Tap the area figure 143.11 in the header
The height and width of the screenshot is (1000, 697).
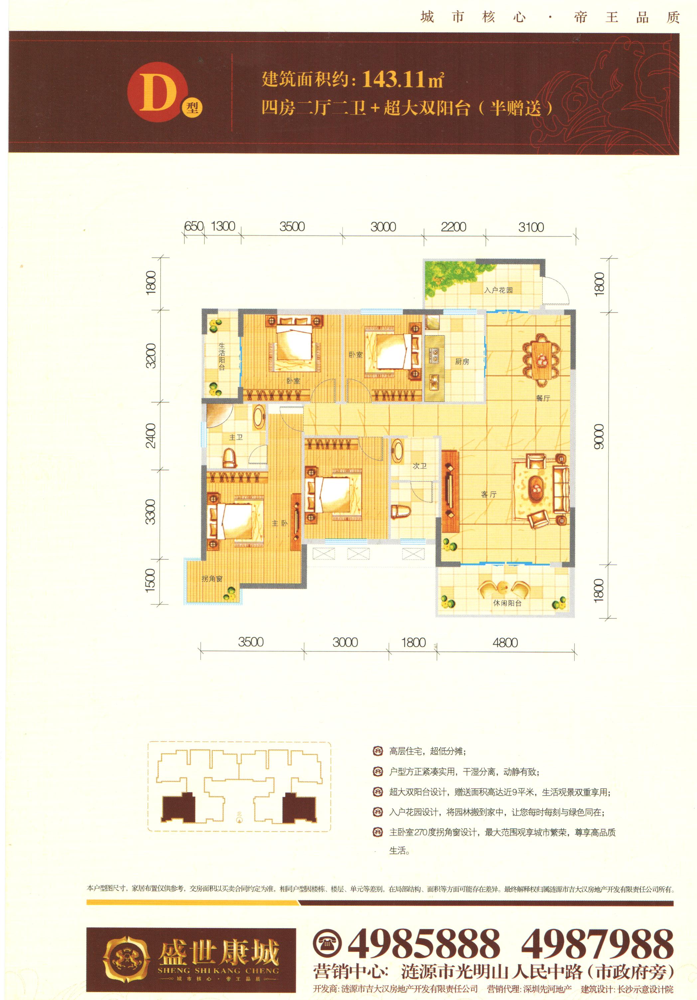[393, 79]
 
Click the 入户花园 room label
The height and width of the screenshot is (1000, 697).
[498, 290]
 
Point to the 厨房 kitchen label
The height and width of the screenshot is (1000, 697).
[462, 362]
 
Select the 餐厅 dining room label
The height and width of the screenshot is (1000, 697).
[543, 398]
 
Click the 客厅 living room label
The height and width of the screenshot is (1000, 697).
[488, 494]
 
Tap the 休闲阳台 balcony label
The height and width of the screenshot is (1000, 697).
[507, 603]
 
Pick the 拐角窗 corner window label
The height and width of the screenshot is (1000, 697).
[212, 579]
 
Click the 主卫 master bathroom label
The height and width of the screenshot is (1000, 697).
[236, 437]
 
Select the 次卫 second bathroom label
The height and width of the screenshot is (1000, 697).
[419, 466]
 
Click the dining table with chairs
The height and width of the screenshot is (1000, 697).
[542, 360]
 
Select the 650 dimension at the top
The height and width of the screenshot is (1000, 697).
[194, 226]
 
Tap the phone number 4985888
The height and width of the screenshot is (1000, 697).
[424, 944]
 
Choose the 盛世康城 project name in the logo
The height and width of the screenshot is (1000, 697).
[219, 952]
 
